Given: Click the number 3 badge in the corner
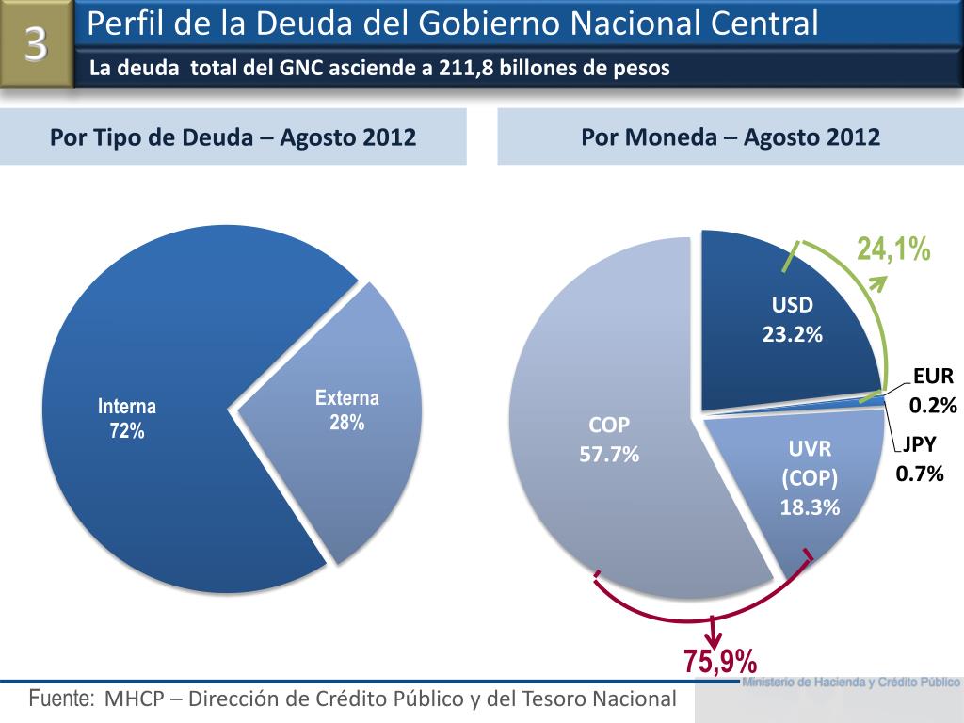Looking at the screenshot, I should tap(36, 44).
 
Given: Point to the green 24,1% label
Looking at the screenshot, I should tap(893, 249).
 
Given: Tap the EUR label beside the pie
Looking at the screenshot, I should tap(933, 377).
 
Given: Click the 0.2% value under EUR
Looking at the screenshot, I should tap(932, 407).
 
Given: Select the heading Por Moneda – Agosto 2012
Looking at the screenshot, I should tap(731, 137).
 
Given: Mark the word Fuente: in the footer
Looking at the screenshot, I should tap(62, 699).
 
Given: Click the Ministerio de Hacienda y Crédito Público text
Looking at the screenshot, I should tap(851, 682).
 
